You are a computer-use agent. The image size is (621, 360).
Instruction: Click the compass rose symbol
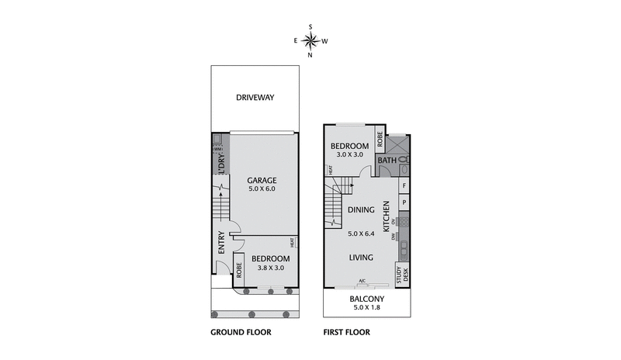310,40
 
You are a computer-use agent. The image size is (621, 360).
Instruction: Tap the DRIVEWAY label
255,97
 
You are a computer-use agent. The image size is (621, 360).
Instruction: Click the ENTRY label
221,243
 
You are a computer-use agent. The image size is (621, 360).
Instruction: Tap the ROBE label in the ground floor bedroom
239,271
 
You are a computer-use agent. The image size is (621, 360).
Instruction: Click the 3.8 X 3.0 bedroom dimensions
270,268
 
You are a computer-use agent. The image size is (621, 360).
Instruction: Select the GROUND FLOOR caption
240,332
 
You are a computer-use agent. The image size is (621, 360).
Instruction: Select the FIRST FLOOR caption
346,332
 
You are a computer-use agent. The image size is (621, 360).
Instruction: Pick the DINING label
361,209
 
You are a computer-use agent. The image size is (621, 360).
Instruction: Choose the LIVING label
361,258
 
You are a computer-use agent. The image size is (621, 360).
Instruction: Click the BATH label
387,161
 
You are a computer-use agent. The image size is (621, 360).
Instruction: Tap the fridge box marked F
404,186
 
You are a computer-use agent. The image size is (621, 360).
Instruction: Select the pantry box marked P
404,202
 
